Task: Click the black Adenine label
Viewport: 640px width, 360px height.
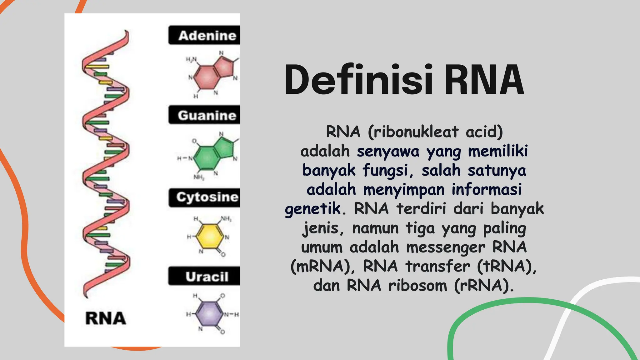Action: pos(204,35)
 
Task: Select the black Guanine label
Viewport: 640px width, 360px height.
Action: pos(204,115)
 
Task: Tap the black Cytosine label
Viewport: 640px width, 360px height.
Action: pos(204,197)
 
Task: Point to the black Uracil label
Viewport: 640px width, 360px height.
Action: pos(204,276)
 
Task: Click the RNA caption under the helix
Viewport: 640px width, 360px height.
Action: pos(106,318)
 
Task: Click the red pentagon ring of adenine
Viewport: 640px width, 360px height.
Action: pos(225,67)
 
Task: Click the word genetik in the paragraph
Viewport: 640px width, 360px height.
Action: pos(313,209)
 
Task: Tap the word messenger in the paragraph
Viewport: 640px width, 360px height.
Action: pos(446,247)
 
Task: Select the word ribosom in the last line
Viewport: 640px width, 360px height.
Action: pos(418,286)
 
